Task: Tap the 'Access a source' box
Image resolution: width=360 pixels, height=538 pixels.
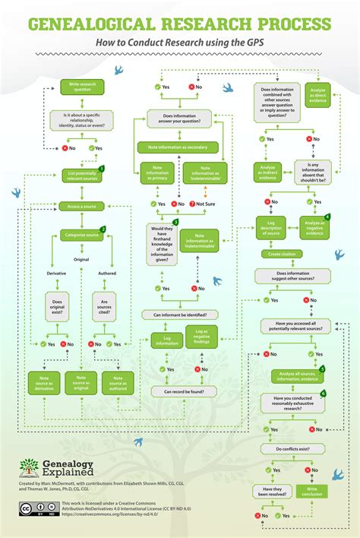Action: (81, 207)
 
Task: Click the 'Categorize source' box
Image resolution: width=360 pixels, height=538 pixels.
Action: (81, 236)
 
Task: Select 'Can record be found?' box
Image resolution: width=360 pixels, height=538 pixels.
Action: (183, 392)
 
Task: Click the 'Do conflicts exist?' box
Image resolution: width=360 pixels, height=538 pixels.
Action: (292, 449)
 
